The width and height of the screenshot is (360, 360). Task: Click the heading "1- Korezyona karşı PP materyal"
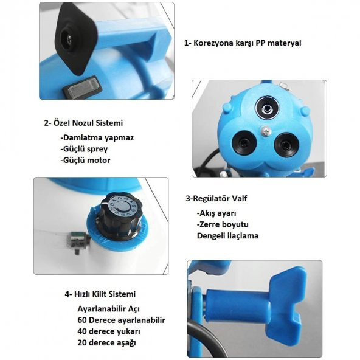click(x=243, y=43)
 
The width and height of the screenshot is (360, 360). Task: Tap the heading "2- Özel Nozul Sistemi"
click(x=83, y=123)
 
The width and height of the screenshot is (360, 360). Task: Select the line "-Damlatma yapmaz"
click(x=97, y=138)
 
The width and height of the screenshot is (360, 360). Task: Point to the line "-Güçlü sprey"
click(x=84, y=149)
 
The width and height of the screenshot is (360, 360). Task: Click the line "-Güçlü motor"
click(x=85, y=160)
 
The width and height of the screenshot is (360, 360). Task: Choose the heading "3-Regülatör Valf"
click(x=216, y=198)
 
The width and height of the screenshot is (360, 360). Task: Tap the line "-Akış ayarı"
click(x=216, y=213)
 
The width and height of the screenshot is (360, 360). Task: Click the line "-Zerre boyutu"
click(x=223, y=224)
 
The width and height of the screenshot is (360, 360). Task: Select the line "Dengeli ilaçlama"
click(x=228, y=235)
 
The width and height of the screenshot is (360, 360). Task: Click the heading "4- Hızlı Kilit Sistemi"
click(x=100, y=294)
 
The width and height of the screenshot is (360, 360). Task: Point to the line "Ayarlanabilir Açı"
click(x=109, y=309)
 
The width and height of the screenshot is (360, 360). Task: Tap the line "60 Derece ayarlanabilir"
click(x=122, y=320)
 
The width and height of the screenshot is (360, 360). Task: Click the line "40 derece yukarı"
click(x=109, y=331)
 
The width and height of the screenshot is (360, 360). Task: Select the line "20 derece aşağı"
click(x=107, y=342)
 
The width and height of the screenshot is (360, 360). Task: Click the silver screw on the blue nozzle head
click(x=266, y=131)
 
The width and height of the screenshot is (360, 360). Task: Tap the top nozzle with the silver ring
click(x=266, y=108)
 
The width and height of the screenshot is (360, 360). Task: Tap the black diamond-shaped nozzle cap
click(x=75, y=38)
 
